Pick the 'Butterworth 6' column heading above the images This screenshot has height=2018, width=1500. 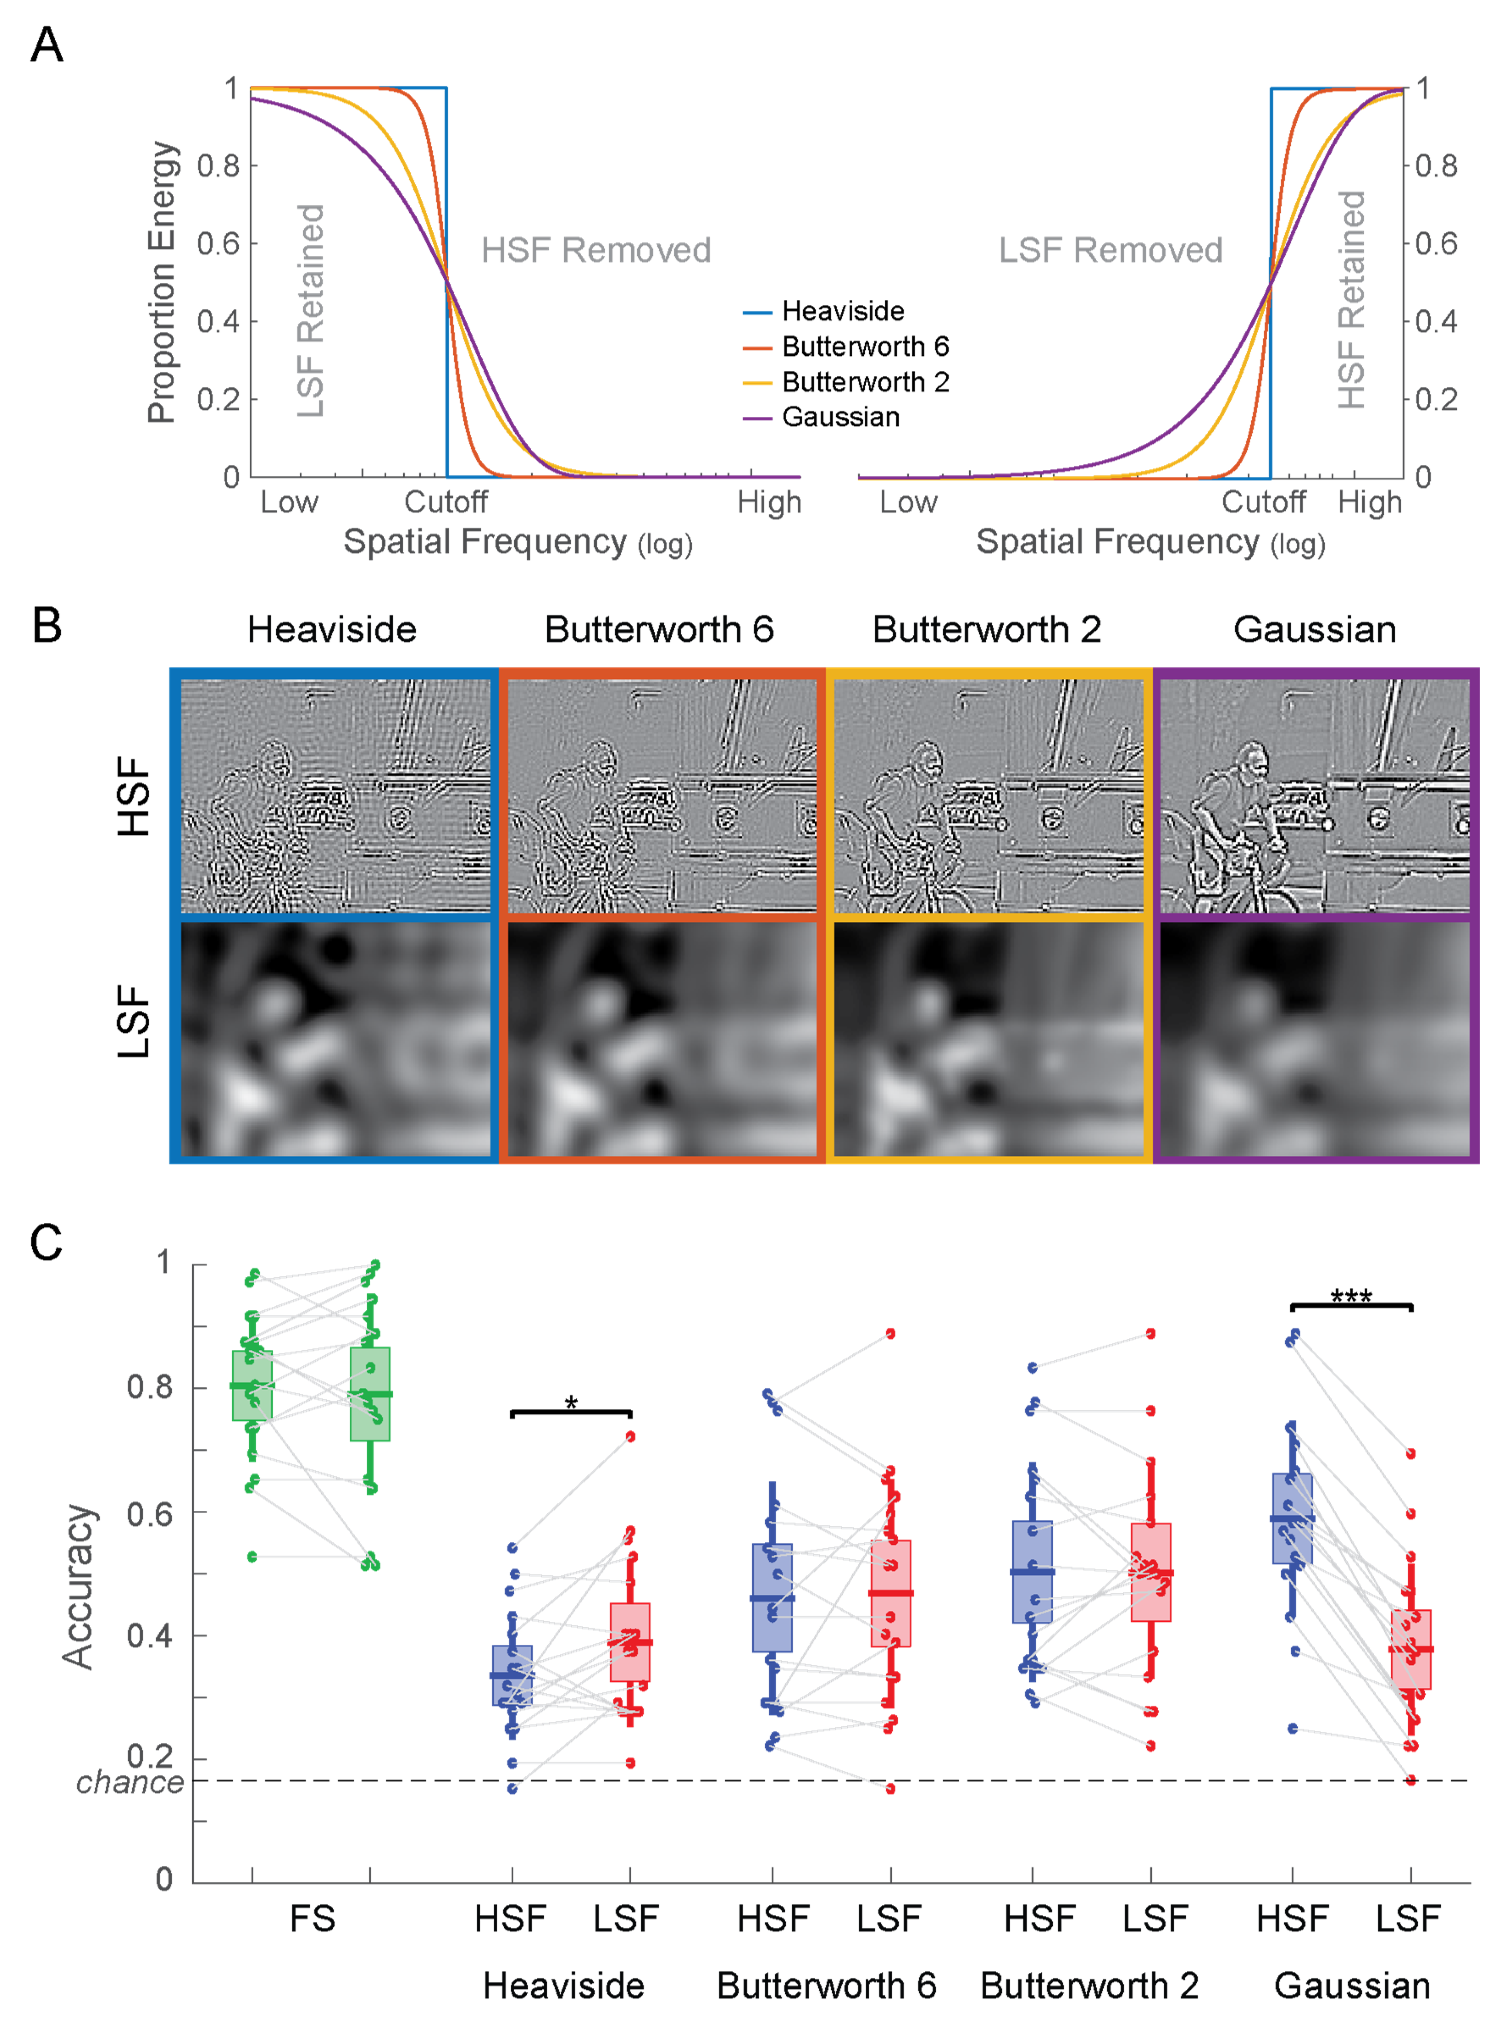pos(659,629)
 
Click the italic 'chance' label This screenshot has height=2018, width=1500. pos(130,1782)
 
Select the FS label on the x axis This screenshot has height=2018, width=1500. pos(312,1918)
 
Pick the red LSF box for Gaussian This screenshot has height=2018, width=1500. pos(1410,1650)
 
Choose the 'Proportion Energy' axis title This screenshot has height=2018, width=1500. pos(162,281)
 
